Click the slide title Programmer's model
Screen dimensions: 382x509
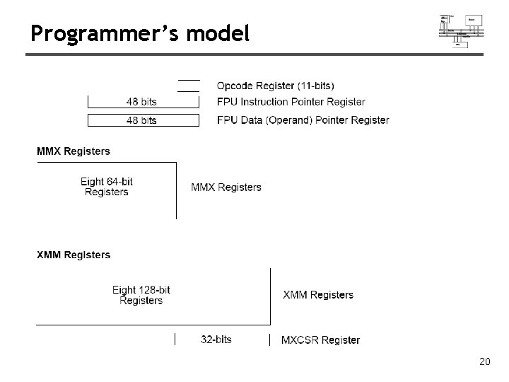(140, 33)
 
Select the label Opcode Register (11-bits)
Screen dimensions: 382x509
(276, 86)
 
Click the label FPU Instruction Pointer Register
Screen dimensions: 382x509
(291, 102)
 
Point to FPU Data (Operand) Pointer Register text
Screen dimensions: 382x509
(303, 120)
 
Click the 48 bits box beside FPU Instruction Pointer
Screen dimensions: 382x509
(141, 102)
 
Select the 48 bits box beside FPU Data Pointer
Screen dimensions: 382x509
(141, 120)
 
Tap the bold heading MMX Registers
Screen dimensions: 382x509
(74, 151)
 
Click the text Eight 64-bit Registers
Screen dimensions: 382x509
(107, 187)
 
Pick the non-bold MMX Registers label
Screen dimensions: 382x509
(226, 187)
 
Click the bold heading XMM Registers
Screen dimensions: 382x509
(74, 255)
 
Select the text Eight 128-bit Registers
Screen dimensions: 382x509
(141, 295)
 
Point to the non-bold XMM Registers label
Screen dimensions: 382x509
(318, 294)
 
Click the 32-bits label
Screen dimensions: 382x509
(216, 340)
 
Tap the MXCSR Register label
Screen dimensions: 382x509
(320, 340)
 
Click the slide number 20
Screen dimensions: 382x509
(484, 362)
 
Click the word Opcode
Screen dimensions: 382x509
(235, 86)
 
